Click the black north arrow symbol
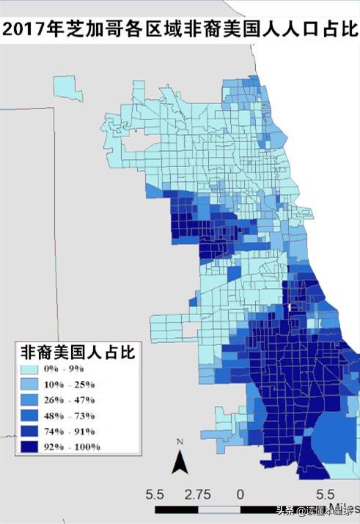point(179,462)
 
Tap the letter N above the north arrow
point(179,441)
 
